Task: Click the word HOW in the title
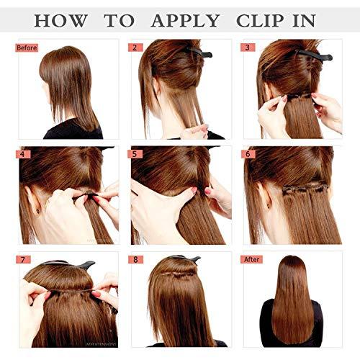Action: coord(61,19)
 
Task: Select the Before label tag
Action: coord(27,48)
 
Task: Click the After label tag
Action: coord(253,259)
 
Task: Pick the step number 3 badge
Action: coord(249,48)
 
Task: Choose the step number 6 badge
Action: coord(249,154)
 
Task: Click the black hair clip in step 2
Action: coord(198,53)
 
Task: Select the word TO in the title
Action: coord(118,19)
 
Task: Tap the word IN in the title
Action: coord(314,19)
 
